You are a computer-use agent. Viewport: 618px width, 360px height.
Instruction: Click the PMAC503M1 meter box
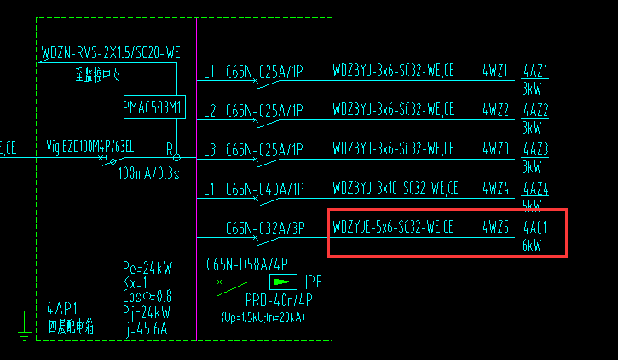(153, 107)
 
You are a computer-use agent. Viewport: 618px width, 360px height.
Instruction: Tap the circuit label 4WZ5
(495, 228)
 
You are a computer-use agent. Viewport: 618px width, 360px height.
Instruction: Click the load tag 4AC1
(534, 228)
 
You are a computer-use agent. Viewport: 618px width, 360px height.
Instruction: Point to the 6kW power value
(532, 247)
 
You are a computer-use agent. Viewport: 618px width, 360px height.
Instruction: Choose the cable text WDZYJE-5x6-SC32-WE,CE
(393, 228)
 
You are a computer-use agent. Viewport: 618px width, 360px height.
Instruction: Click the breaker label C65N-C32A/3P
(264, 228)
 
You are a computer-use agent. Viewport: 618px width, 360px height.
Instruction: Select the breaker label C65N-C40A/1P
(264, 188)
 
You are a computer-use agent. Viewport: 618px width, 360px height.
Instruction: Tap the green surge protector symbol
(280, 281)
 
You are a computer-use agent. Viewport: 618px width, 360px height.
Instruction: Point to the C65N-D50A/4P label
(247, 264)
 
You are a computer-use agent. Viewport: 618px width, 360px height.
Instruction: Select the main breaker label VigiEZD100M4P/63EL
(90, 147)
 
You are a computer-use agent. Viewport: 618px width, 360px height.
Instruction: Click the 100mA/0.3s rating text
(148, 174)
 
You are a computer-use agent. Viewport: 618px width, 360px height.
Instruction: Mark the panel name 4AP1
(62, 309)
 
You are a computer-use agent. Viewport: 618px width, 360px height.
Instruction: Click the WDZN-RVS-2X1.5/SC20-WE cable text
(111, 53)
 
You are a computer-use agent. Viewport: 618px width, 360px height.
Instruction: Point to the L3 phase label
(210, 149)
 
